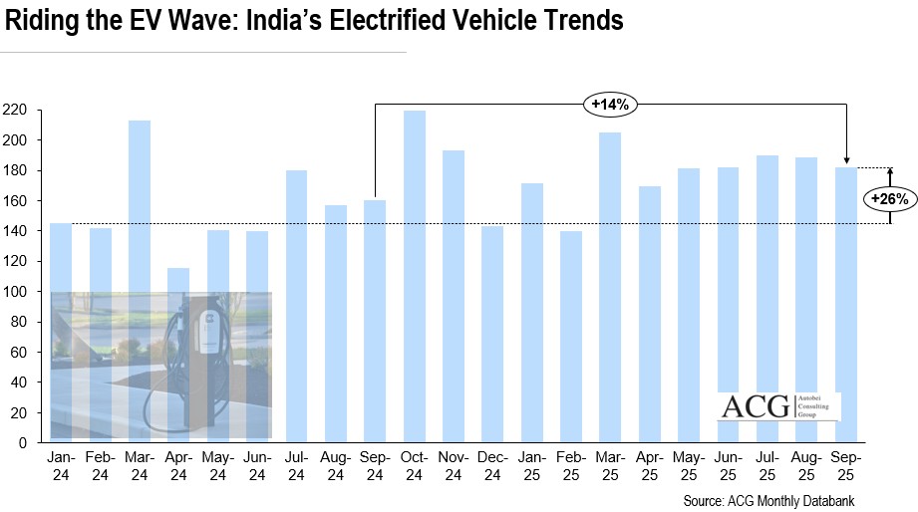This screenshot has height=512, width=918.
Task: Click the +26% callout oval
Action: coord(889,199)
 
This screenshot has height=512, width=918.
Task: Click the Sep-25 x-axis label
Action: coord(846,465)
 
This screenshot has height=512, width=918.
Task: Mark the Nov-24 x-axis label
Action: coord(454,465)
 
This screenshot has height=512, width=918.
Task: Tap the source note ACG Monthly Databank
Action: coord(768,500)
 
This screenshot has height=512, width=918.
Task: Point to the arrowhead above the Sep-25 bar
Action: coord(846,160)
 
